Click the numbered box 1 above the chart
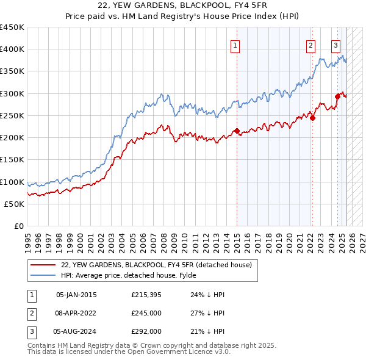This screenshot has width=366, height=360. [x=235, y=45]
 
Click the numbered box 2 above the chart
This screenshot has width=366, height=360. [x=310, y=45]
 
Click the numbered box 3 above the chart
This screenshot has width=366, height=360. [x=335, y=45]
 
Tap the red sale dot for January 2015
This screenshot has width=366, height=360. [x=237, y=131]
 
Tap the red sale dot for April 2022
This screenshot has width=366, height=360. [x=312, y=118]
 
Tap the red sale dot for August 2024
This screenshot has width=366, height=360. [x=337, y=95]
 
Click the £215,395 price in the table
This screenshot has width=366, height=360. [x=145, y=295]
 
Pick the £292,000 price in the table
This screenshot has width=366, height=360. [x=146, y=331]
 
